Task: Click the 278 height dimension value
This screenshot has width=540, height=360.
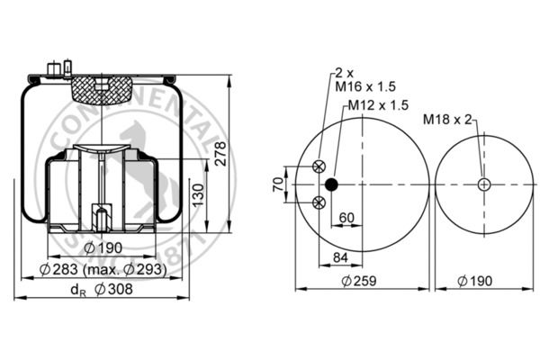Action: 220,153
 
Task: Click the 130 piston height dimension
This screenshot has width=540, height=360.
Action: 198,195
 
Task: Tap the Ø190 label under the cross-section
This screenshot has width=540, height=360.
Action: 103,247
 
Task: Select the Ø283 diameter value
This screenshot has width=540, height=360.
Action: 58,269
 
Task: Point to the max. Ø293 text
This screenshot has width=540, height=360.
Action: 125,269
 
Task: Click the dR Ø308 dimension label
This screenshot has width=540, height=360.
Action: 102,290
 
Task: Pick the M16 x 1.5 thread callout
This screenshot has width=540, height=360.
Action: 365,86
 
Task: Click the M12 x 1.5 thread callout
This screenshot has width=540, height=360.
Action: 378,105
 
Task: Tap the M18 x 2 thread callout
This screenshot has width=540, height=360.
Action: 447,120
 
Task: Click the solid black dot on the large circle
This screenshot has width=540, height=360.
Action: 331,184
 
